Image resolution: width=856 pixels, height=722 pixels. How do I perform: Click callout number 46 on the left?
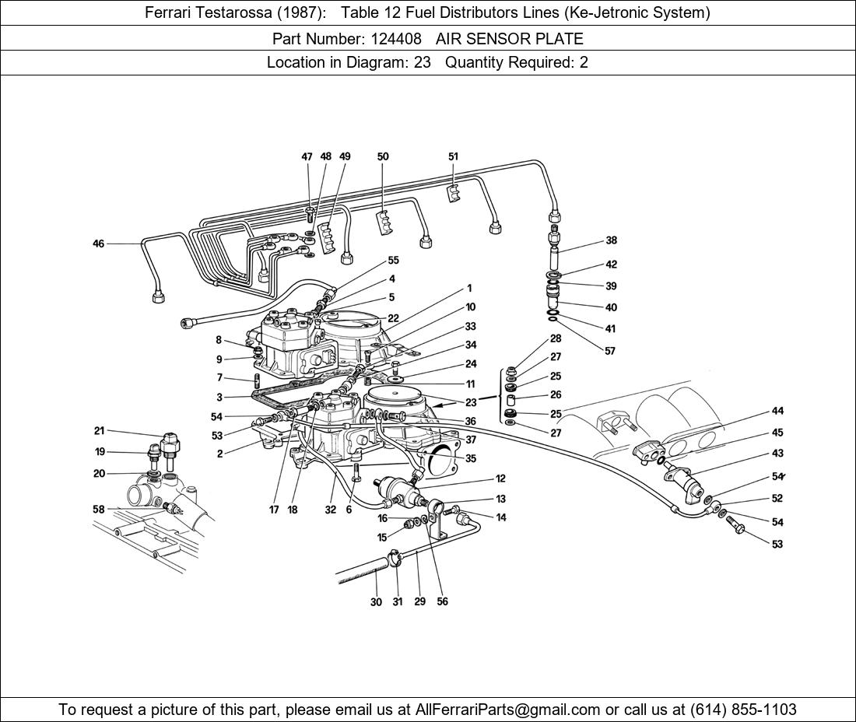point(98,244)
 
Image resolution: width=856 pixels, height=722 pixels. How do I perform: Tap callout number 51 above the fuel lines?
point(453,156)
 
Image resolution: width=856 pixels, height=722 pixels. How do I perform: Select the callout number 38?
point(611,240)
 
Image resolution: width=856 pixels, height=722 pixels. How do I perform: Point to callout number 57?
point(610,351)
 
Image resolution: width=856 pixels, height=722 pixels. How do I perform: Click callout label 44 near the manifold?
point(777,411)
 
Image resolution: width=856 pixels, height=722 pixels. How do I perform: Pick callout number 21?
point(99,431)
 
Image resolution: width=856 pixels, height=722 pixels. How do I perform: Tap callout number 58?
point(99,510)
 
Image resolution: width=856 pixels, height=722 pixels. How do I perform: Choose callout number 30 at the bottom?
point(376,601)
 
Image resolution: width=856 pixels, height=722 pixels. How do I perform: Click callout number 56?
point(442,601)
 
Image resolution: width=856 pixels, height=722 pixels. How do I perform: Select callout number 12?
point(500,479)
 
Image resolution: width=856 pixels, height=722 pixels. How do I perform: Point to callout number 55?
point(393,261)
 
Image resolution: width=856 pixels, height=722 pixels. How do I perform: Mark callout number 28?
point(556,338)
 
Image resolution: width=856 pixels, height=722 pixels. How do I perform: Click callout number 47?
point(307,156)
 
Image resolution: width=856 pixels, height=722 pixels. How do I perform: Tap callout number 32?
point(330,510)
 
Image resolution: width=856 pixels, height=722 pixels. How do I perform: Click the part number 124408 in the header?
point(396,38)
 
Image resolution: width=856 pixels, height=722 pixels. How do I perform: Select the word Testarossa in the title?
point(232,12)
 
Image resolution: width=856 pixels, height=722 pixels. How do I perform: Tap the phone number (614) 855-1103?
point(742,710)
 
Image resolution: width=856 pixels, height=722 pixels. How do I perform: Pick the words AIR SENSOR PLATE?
point(509,38)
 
